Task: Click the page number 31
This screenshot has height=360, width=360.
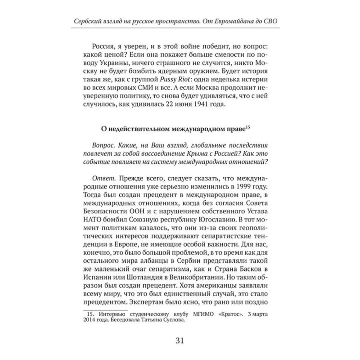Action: [x=180, y=340]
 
